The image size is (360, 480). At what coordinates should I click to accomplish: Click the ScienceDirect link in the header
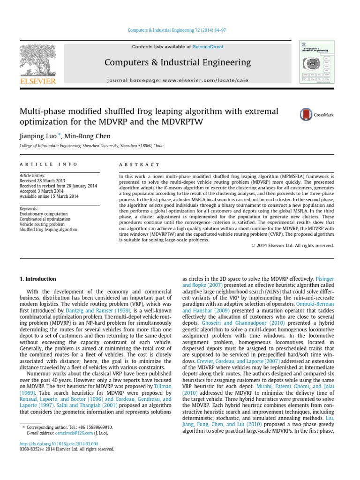pos(207,47)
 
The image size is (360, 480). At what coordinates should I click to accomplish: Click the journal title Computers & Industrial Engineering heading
pos(178,62)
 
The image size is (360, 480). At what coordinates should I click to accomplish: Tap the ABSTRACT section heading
pos(140,165)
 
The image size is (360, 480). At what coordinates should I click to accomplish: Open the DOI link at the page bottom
pos(59,443)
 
